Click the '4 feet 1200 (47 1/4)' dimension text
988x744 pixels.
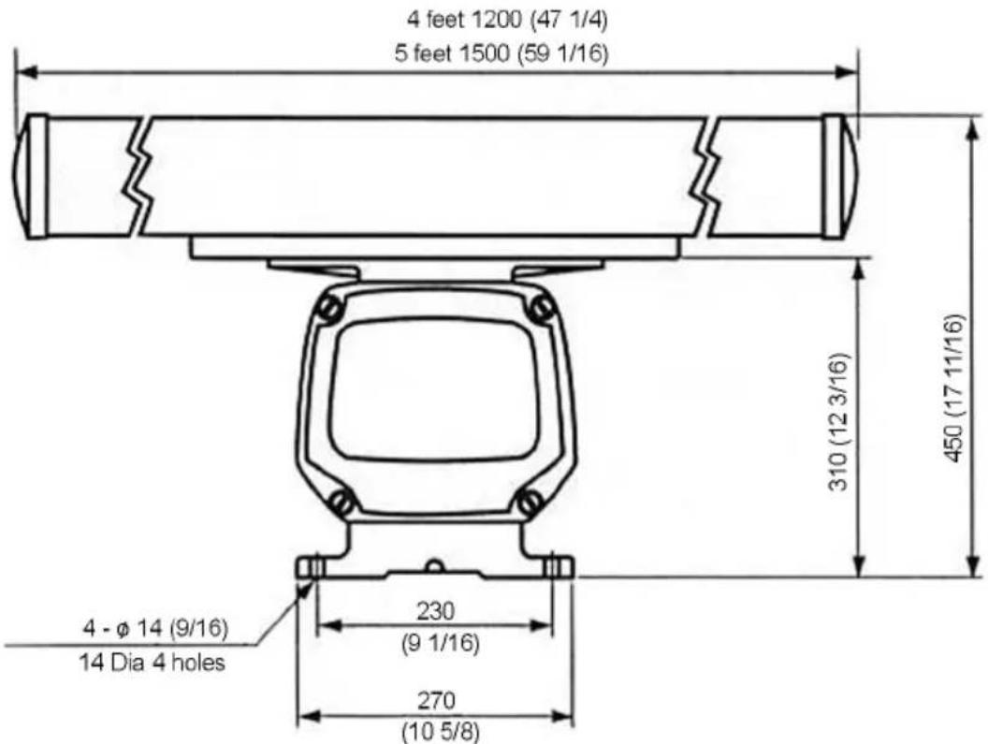507,21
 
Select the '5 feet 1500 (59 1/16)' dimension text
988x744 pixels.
501,53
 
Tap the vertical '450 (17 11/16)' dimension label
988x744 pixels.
955,388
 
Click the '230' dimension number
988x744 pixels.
435,611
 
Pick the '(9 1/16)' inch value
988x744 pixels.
441,644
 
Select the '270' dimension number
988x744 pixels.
435,701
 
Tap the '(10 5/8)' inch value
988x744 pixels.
441,733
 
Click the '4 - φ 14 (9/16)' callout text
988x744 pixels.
155,628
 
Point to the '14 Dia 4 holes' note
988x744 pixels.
152,663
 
